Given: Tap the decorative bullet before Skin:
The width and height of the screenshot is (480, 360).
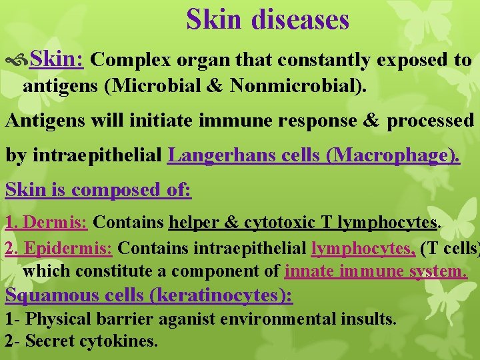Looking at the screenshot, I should [18, 60].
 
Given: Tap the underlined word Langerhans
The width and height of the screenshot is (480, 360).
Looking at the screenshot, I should [217, 156].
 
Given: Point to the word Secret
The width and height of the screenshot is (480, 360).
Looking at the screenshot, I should [50, 341].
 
